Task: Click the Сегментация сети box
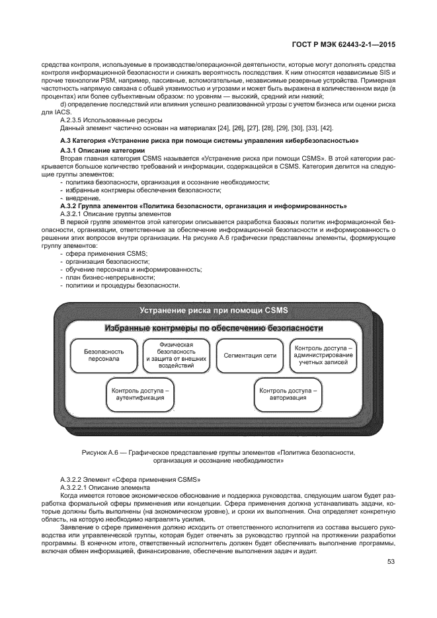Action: [x=250, y=355]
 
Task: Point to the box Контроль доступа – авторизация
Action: [x=287, y=394]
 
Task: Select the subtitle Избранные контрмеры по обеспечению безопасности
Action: [x=214, y=328]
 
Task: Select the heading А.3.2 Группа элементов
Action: [x=203, y=206]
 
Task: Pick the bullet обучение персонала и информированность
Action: [x=133, y=270]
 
